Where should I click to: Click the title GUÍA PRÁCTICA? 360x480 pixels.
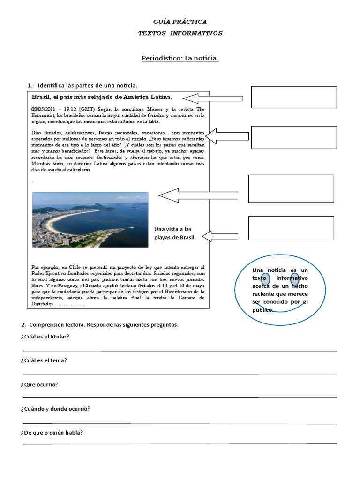point(180,22)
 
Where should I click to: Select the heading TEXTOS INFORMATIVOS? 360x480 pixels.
point(180,33)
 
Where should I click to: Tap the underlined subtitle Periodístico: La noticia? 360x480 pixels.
point(180,58)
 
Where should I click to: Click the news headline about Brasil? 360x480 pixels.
point(102,97)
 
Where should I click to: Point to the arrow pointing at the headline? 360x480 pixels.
point(213,98)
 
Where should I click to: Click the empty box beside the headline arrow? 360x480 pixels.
point(294,97)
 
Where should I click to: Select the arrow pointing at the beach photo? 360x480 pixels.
point(198,195)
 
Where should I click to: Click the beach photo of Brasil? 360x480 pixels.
point(90,219)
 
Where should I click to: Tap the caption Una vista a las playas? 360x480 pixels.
point(173,233)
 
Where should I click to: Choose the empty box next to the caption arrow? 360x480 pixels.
point(291,228)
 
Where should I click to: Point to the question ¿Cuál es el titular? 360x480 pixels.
point(45,337)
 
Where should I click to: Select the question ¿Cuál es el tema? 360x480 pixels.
point(44,360)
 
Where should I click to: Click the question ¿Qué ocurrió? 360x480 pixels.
point(39,384)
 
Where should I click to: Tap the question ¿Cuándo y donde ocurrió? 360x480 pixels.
point(55,408)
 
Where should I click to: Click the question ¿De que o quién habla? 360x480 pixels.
point(52,432)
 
